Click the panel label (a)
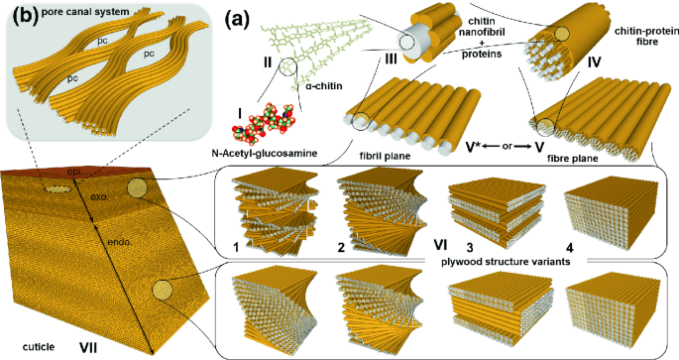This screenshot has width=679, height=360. point(236,19)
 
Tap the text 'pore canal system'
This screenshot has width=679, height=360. point(85,12)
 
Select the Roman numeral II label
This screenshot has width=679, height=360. point(268,62)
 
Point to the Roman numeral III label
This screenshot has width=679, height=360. point(391,59)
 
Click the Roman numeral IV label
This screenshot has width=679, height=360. point(594,62)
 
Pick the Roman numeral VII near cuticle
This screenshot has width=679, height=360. point(88,346)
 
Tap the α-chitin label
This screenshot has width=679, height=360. point(324,85)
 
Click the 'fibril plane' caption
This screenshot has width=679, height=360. point(385,156)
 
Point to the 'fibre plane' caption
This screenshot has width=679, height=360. point(573,158)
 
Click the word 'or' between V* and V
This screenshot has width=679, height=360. point(507,147)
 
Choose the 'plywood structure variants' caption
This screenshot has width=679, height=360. point(506,262)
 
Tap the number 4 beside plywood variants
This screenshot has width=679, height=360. point(570,248)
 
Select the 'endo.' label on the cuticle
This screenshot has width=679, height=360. point(120,243)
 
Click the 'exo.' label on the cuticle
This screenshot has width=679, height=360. point(99,197)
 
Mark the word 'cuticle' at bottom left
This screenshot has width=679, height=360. point(39,346)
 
